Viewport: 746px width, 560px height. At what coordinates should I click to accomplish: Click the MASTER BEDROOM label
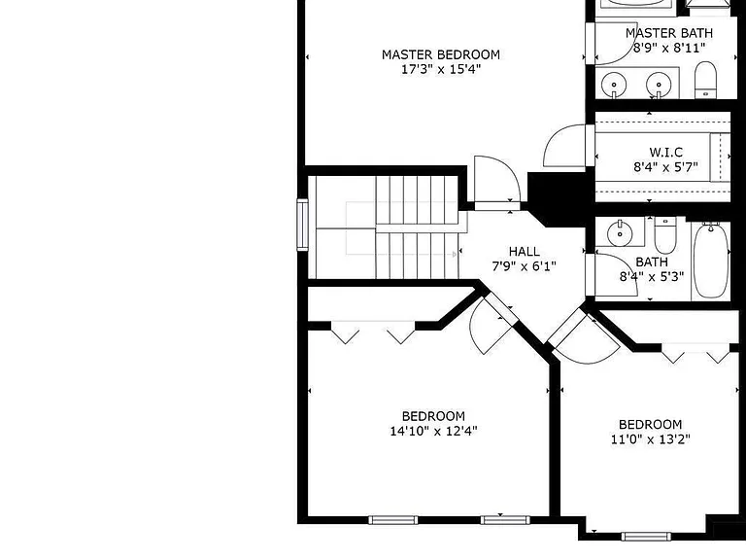click(x=441, y=54)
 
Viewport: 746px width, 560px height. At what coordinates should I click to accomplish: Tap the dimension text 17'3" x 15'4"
click(x=441, y=70)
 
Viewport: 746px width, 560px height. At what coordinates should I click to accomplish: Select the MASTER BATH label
click(x=669, y=33)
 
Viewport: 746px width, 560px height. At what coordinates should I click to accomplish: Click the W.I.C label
click(x=665, y=153)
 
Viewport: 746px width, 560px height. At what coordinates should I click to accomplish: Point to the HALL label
click(x=525, y=252)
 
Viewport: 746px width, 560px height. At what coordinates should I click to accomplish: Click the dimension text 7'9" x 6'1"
click(x=524, y=266)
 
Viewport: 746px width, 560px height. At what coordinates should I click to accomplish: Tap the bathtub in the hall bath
click(x=711, y=260)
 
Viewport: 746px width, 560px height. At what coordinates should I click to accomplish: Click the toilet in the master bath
click(x=705, y=80)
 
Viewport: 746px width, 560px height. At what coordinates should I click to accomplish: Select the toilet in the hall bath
click(x=665, y=234)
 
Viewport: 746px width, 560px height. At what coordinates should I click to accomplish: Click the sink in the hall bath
click(x=620, y=233)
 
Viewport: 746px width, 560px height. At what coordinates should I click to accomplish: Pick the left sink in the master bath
click(x=614, y=86)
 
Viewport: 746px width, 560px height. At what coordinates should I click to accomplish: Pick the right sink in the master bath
click(x=659, y=86)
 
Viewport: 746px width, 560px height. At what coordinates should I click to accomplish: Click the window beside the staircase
click(x=303, y=225)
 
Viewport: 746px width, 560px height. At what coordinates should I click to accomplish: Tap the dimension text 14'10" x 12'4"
click(x=433, y=432)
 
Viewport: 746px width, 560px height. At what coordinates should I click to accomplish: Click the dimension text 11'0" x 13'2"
click(x=651, y=439)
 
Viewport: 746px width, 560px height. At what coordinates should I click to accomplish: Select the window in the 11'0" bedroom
click(x=646, y=537)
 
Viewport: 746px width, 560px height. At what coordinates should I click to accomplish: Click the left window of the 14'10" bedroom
click(x=393, y=520)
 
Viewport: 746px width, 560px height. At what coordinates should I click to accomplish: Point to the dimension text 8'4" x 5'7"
click(x=665, y=167)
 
